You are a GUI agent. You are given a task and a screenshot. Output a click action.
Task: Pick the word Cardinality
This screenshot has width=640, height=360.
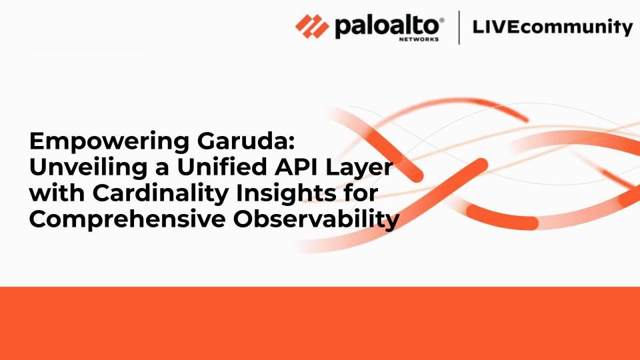pos(161,194)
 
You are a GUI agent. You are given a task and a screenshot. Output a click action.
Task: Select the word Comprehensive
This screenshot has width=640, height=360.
pos(127,220)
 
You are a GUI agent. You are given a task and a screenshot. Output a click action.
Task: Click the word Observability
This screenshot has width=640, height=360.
pos(316,220)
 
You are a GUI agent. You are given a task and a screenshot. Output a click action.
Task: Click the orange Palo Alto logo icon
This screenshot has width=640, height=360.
pos(312,27)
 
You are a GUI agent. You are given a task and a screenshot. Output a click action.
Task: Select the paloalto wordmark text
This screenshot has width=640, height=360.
pos(387,27)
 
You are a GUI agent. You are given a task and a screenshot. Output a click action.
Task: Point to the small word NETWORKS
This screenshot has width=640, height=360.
pos(419,39)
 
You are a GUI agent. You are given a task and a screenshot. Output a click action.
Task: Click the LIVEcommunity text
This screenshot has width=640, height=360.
pos(553,27)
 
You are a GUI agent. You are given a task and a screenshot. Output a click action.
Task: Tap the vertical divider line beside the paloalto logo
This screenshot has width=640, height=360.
pos(459,27)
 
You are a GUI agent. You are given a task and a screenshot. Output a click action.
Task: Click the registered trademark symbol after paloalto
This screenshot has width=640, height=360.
pos(441,20)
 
